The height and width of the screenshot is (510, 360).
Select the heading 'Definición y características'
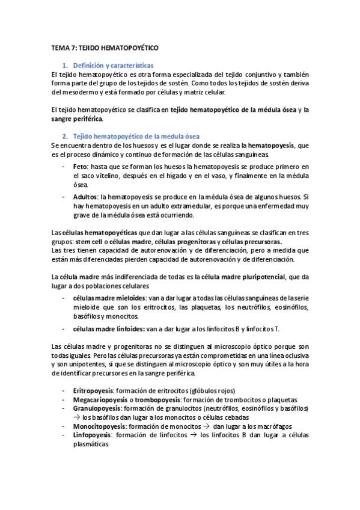click(x=112, y=64)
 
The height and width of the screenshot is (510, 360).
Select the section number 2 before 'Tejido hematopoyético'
click(x=64, y=137)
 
